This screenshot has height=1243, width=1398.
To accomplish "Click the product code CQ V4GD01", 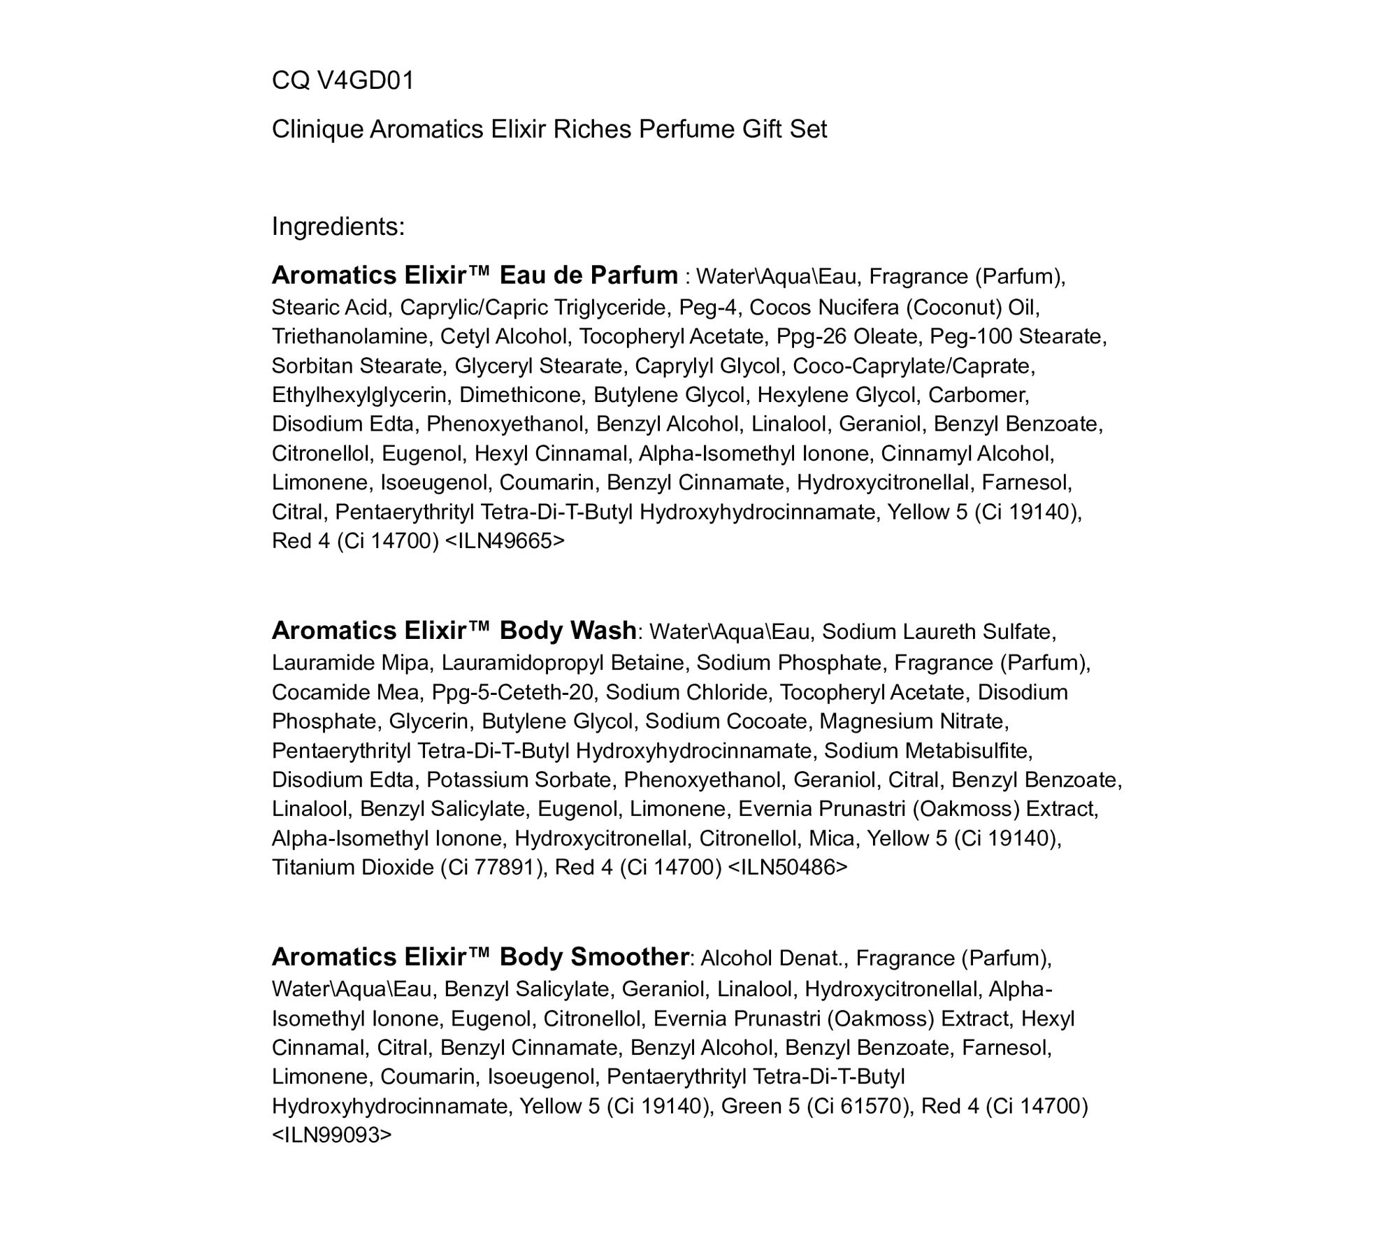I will [x=343, y=81].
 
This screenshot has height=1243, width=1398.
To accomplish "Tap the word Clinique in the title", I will [x=317, y=129].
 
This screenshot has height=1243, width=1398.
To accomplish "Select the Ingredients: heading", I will [x=338, y=227].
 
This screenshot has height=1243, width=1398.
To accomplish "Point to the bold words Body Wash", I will [x=568, y=631].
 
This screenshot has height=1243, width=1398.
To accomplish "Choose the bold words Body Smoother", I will [x=594, y=956].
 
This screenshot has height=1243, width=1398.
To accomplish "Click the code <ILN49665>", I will [x=505, y=541].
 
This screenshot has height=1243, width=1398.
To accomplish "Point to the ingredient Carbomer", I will [x=978, y=395].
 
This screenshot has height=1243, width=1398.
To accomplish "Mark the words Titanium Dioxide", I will [x=353, y=867].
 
